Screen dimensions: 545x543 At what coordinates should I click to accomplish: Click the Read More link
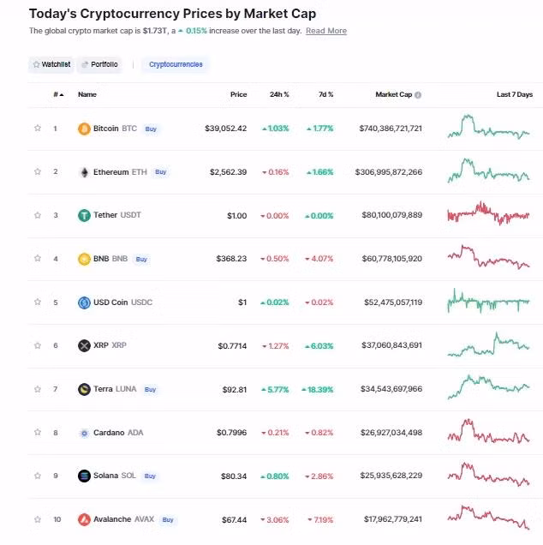pos(326,31)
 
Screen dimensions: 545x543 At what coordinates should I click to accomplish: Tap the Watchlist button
pos(51,64)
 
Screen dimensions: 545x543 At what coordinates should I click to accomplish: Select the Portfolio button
pos(99,64)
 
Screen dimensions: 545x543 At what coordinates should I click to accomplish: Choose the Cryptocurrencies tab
pos(176,64)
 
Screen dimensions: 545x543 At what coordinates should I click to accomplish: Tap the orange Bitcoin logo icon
pos(84,129)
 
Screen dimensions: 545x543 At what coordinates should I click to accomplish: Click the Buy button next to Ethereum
pos(160,172)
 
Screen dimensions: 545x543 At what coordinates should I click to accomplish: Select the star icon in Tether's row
pos(38,215)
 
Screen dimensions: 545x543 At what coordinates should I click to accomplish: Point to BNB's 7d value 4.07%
pos(319,259)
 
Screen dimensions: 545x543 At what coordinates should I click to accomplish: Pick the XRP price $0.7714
pos(231,346)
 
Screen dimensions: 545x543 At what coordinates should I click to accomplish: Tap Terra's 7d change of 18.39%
pos(317,389)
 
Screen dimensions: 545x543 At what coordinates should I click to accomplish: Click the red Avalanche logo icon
pos(84,519)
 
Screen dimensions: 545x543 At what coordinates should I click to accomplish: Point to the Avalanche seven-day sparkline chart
pos(488,517)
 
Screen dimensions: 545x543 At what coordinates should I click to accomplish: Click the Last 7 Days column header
pos(514,94)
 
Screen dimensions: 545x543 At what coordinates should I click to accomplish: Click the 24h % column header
pos(278,94)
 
